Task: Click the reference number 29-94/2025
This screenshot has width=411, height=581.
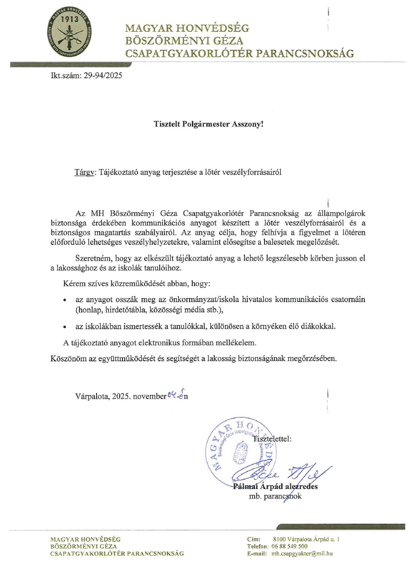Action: tap(103, 76)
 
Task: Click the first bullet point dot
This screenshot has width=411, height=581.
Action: tap(65, 300)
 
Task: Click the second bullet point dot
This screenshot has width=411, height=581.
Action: tap(65, 327)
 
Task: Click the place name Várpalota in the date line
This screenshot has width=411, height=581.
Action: tap(93, 396)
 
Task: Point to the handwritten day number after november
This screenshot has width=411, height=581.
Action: tap(171, 394)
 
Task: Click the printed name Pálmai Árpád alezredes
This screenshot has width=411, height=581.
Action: tap(275, 487)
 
